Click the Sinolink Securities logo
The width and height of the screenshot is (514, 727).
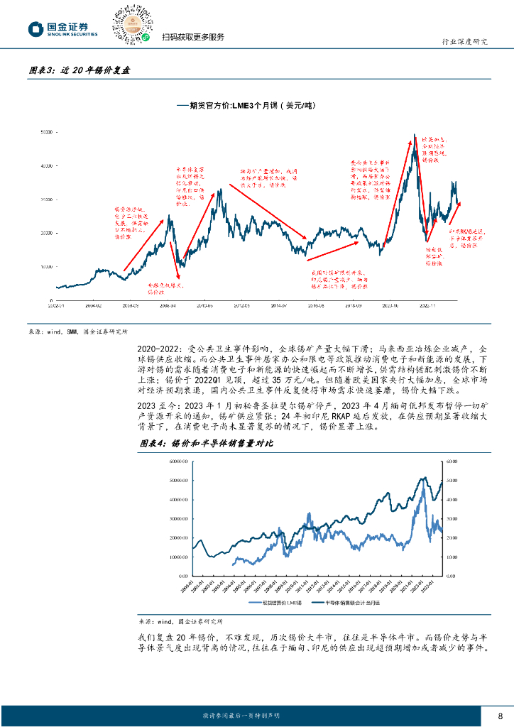62,29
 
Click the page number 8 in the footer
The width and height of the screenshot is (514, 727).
501,714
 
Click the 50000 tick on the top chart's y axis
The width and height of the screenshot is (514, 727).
46,132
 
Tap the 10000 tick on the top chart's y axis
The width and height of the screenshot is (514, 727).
46,266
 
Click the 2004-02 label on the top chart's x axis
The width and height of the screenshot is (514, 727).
94,305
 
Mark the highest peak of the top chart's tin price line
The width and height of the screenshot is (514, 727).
415,134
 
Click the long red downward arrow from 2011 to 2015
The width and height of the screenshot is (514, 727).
270,212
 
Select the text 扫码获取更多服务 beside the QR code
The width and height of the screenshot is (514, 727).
192,38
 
